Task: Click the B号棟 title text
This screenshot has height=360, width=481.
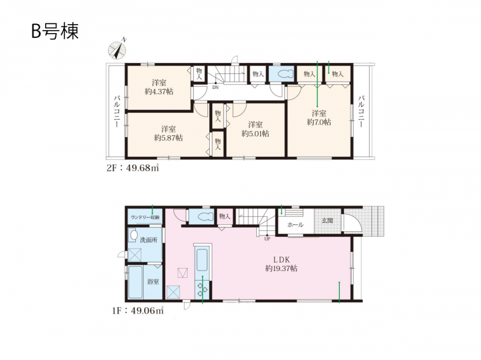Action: click(x=55, y=31)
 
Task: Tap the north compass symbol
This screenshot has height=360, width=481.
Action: click(x=117, y=50)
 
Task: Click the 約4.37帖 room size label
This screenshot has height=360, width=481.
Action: click(x=159, y=91)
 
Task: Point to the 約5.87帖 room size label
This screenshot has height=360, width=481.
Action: click(x=168, y=138)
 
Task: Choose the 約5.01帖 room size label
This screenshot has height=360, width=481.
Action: click(x=255, y=133)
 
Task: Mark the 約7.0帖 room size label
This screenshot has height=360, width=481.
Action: click(x=319, y=122)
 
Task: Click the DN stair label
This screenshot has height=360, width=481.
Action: click(x=215, y=87)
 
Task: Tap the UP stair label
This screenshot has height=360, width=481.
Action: click(x=267, y=239)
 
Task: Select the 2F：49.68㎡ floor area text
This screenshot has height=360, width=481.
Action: click(x=132, y=168)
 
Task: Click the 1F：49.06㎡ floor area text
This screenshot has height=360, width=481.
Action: click(x=137, y=311)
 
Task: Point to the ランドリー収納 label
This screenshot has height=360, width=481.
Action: click(x=145, y=218)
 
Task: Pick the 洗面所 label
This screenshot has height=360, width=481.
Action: click(x=149, y=240)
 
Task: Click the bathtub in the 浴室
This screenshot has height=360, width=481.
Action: click(x=135, y=282)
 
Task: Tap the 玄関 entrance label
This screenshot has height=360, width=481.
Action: click(x=327, y=221)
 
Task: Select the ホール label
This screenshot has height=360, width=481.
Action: click(x=295, y=225)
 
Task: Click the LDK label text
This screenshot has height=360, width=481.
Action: click(x=281, y=260)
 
